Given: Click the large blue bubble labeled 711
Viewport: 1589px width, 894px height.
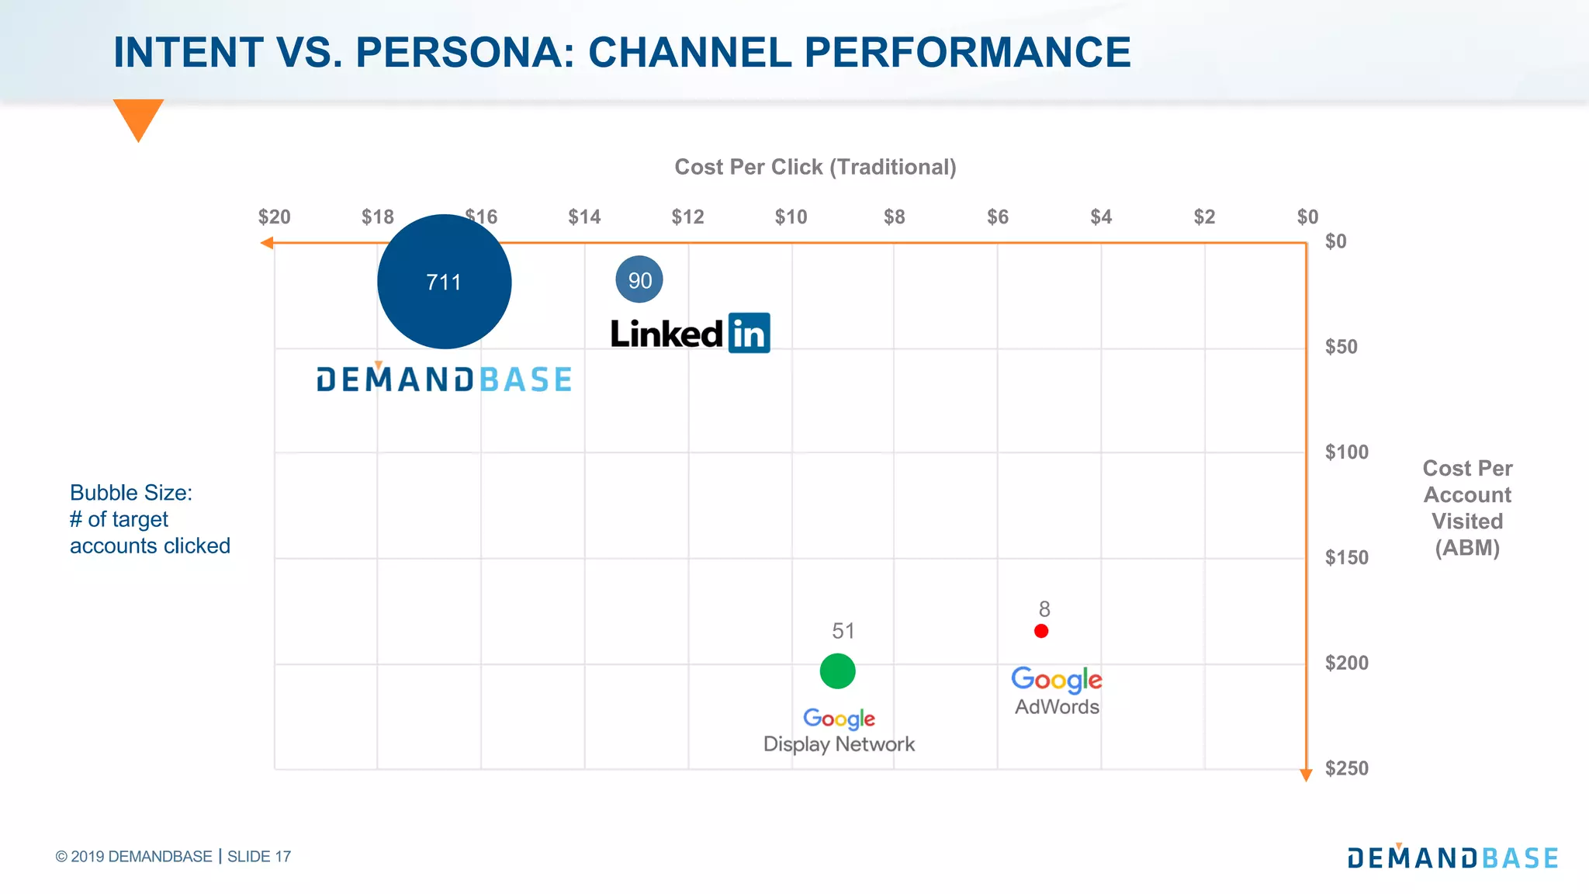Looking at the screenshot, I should tap(444, 282).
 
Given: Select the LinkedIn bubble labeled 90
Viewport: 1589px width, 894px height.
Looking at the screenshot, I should tap(639, 280).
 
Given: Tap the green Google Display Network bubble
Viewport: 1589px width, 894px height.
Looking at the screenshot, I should tap(837, 671).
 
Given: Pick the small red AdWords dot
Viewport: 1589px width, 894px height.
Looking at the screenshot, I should tap(1041, 631).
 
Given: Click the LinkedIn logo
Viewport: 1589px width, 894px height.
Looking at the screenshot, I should tap(690, 334).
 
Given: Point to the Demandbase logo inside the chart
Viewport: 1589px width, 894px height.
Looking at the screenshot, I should tap(444, 379).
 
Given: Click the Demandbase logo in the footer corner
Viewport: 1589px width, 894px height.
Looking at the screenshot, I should tap(1452, 857).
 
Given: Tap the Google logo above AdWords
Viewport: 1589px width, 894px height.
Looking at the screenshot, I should tap(1056, 679).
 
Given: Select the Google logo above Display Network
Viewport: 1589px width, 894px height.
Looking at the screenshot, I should tap(839, 718).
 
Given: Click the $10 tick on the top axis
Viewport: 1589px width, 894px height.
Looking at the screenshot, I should tap(791, 217).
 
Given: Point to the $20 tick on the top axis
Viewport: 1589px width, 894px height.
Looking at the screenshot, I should tap(274, 217).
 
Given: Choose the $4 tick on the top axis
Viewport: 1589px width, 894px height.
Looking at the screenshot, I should tap(1100, 217).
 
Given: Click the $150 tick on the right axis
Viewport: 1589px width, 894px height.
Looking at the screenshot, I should tap(1346, 557).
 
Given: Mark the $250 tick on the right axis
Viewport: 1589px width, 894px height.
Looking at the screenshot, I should tap(1346, 768).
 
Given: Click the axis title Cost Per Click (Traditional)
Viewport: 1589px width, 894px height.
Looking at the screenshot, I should tap(815, 167).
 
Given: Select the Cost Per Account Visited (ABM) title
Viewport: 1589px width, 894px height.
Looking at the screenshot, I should tap(1466, 508).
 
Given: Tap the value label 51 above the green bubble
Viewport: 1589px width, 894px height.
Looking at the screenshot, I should tap(843, 631).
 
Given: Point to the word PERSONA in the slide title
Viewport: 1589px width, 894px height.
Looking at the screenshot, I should tap(464, 53).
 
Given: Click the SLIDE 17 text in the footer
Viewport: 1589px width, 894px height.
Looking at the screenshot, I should tap(259, 857).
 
